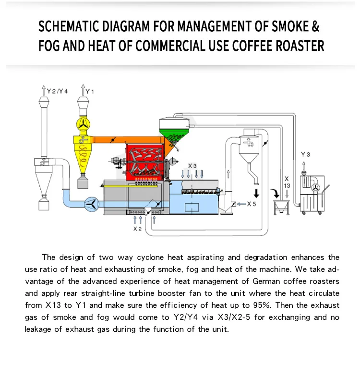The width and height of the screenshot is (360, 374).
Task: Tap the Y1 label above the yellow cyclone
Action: pyautogui.click(x=90, y=91)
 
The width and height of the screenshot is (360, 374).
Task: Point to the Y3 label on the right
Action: pyautogui.click(x=305, y=154)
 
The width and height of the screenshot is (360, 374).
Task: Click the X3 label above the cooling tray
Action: pyautogui.click(x=192, y=166)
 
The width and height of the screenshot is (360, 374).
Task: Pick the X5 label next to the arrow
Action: pyautogui.click(x=252, y=204)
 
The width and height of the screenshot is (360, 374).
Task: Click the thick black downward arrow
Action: pyautogui.click(x=257, y=193)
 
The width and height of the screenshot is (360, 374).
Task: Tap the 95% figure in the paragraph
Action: pyautogui.click(x=267, y=305)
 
